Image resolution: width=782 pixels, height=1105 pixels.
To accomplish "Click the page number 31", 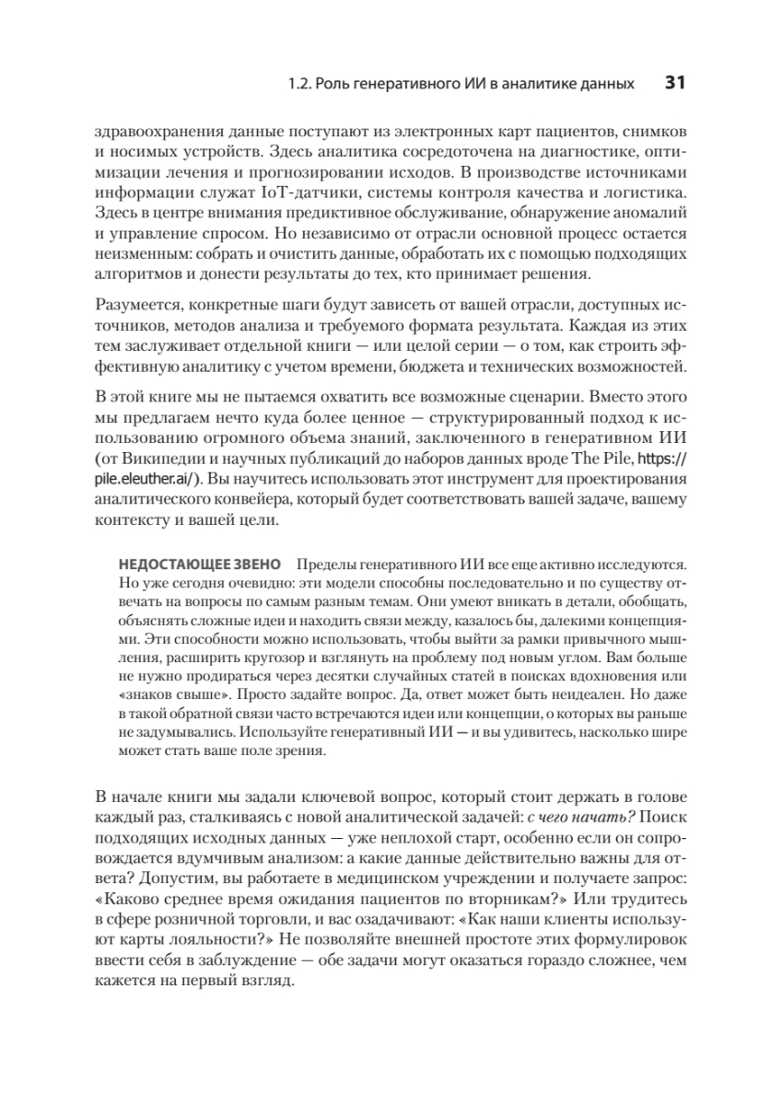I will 674,83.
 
